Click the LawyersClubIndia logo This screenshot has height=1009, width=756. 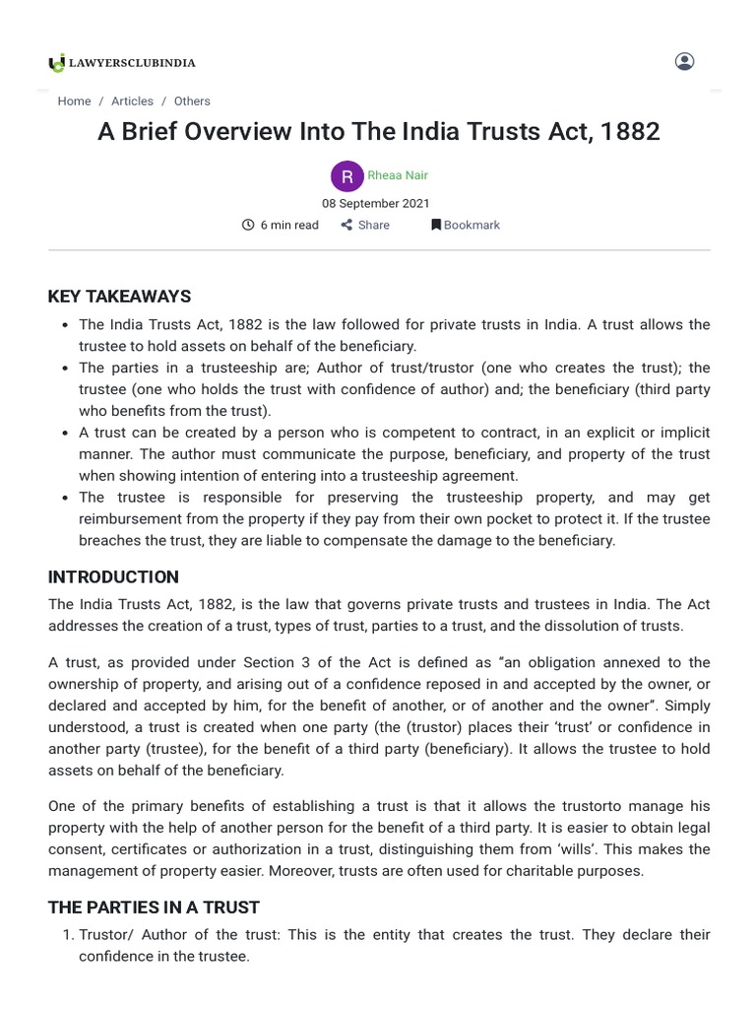pyautogui.click(x=122, y=63)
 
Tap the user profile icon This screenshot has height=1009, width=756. pyautogui.click(x=684, y=61)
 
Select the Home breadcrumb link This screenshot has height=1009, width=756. pyautogui.click(x=74, y=101)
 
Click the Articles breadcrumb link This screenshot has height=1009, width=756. pyautogui.click(x=132, y=101)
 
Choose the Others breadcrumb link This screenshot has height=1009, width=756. pyautogui.click(x=192, y=101)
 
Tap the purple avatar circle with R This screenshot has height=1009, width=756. pyautogui.click(x=347, y=176)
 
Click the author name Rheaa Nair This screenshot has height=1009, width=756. pyautogui.click(x=398, y=175)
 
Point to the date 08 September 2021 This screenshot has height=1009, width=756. pyautogui.click(x=376, y=203)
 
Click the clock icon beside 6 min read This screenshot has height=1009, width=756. pyautogui.click(x=248, y=225)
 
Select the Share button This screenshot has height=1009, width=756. pyautogui.click(x=365, y=225)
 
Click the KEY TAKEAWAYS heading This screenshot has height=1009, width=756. pyautogui.click(x=119, y=297)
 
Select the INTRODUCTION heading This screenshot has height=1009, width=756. pyautogui.click(x=113, y=577)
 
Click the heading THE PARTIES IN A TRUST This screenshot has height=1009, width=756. pyautogui.click(x=154, y=907)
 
